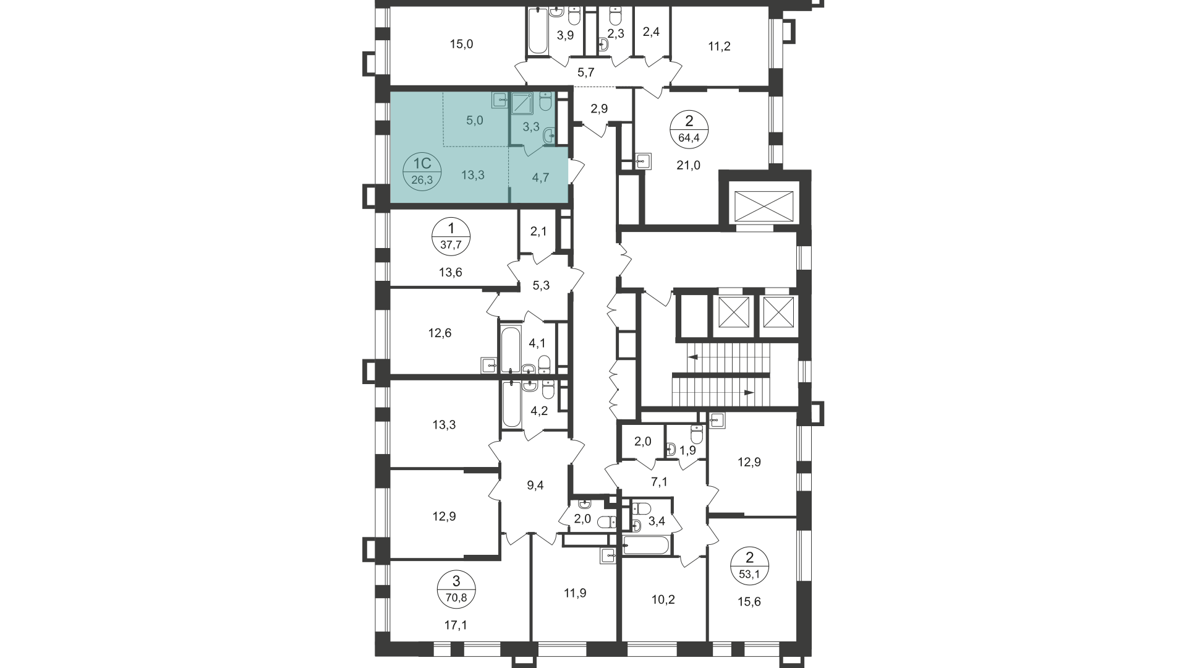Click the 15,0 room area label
coord(461,44)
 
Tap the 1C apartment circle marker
coord(422,171)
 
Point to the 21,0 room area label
coord(688,165)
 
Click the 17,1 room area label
coord(456,625)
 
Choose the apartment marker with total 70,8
coord(456,589)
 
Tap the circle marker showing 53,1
coord(749,565)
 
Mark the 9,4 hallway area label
coord(535,486)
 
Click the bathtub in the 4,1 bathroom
coord(510,349)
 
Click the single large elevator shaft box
coord(763,205)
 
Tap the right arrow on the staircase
coord(749,392)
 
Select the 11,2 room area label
coord(719,46)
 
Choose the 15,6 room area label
coord(749,601)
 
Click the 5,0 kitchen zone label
coord(474,120)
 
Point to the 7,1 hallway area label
coord(660,482)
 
